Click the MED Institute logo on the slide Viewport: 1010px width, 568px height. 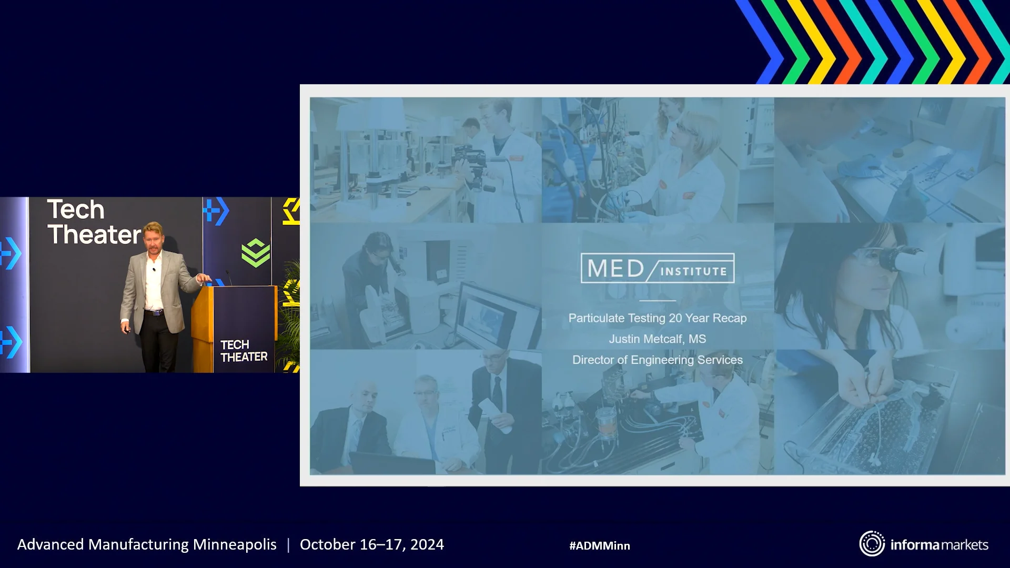point(657,268)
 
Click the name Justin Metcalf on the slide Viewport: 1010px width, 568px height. point(646,339)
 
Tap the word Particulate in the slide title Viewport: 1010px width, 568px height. point(596,318)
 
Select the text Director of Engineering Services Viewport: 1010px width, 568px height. point(657,360)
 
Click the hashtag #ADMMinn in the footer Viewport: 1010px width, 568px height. point(599,546)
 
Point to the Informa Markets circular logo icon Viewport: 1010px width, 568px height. point(872,544)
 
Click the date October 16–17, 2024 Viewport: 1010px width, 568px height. point(371,544)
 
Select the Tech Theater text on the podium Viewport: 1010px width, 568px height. point(244,351)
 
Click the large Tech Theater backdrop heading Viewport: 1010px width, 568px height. point(94,222)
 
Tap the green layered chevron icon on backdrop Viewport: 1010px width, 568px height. point(256,253)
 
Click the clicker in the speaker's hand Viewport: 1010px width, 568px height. point(127,330)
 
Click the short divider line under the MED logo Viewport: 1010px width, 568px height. point(657,301)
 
